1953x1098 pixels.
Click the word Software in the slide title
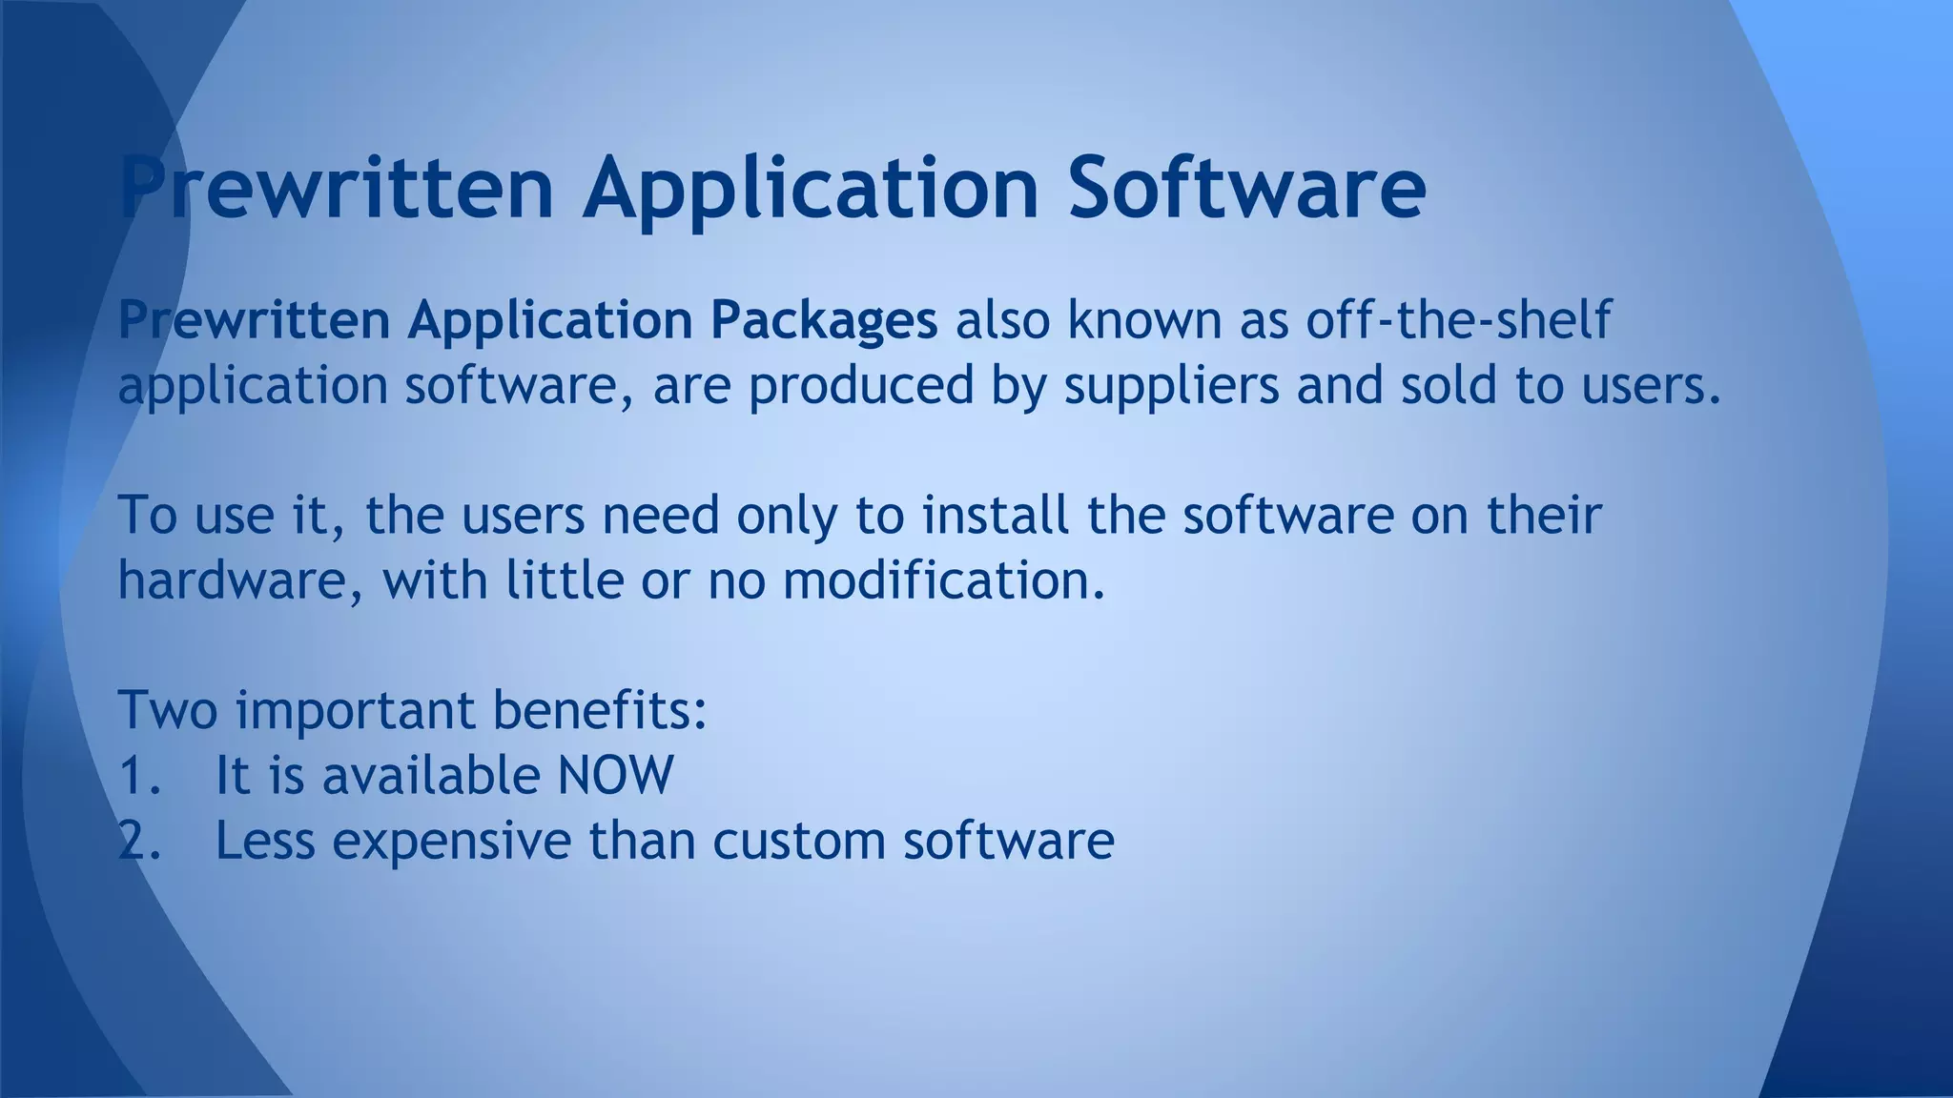tap(1246, 187)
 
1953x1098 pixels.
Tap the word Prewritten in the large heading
tap(337, 187)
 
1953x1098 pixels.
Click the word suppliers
tap(1171, 387)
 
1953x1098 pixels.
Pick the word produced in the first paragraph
tap(861, 387)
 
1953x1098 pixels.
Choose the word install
tap(995, 515)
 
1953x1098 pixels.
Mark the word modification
tap(944, 579)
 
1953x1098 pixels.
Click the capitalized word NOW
tap(615, 775)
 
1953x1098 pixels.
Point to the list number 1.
tap(139, 775)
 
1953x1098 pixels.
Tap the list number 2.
tap(139, 841)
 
